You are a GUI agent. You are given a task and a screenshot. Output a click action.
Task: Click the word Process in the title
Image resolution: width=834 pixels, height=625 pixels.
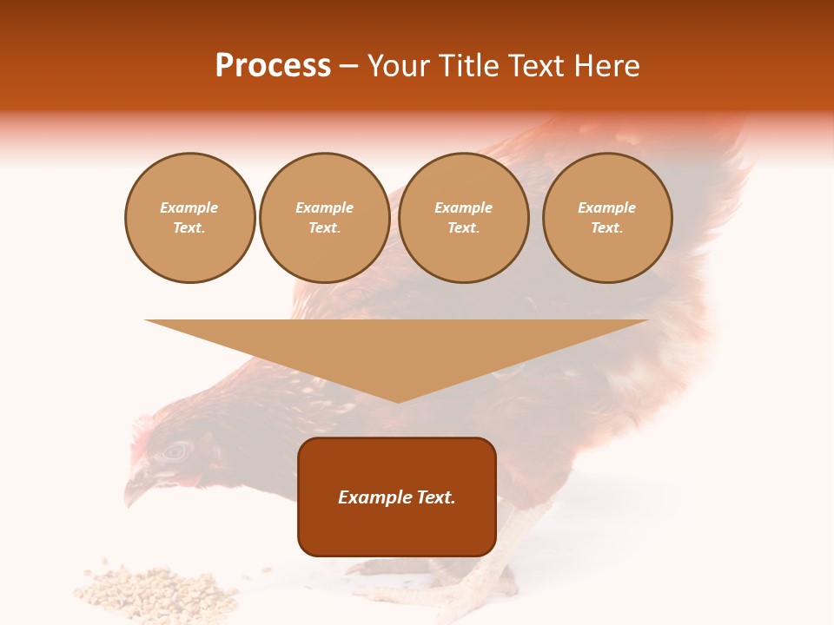273,66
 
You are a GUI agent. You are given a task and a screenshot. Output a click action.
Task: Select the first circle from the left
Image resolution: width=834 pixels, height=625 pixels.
189,218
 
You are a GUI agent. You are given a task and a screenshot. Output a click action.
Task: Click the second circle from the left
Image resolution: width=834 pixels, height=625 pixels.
324,218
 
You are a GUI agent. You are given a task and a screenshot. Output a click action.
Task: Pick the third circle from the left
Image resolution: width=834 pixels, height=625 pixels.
463,218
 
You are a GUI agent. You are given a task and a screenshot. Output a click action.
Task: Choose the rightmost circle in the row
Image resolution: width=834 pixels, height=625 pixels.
606,218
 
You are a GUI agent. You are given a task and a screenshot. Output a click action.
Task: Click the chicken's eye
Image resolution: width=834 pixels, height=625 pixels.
176,451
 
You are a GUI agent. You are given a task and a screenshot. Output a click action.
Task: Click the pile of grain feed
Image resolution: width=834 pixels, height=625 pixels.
156,590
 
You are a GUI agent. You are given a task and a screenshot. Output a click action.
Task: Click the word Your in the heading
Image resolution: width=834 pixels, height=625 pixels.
398,66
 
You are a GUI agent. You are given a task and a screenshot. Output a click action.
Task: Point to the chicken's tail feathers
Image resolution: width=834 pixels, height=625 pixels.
712,200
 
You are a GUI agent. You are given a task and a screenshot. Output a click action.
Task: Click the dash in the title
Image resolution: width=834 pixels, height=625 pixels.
348,67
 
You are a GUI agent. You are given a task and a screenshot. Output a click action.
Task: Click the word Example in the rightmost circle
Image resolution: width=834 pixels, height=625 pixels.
606,207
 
